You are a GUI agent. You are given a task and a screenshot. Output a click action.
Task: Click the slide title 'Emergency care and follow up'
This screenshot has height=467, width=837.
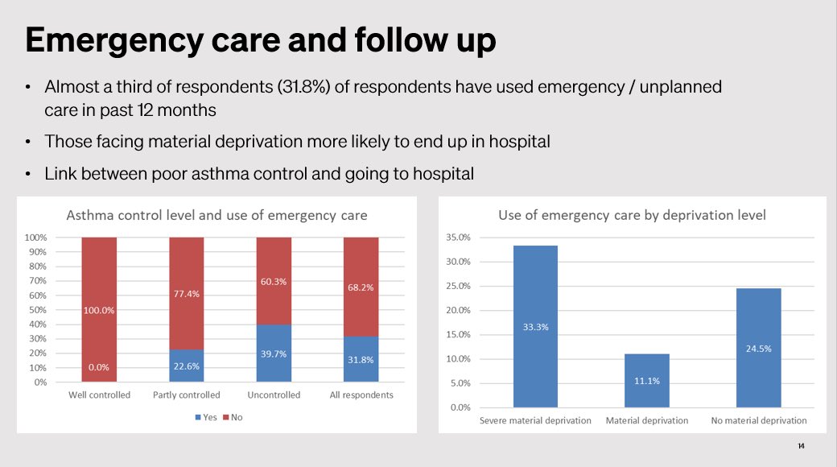260,40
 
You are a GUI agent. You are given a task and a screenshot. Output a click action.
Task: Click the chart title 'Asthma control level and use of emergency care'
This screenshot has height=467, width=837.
216,215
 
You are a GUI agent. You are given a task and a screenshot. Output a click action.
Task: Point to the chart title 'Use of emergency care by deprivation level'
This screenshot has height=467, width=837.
632,215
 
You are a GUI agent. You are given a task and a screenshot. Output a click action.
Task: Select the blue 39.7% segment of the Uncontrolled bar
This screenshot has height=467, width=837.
274,353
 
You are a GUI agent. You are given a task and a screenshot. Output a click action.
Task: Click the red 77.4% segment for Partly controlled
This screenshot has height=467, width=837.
187,294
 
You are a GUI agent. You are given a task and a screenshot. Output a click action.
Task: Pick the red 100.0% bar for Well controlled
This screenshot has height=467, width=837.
99,310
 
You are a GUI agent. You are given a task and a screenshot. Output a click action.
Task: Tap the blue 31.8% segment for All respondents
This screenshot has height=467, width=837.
361,359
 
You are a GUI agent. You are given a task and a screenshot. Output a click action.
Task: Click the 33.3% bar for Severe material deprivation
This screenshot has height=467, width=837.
535,327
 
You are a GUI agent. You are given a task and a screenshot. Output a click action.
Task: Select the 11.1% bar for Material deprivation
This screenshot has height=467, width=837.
647,380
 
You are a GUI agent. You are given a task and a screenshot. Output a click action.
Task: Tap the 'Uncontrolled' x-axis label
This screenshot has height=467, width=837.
274,395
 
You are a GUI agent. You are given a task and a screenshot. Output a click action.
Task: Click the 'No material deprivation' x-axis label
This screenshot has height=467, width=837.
759,420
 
